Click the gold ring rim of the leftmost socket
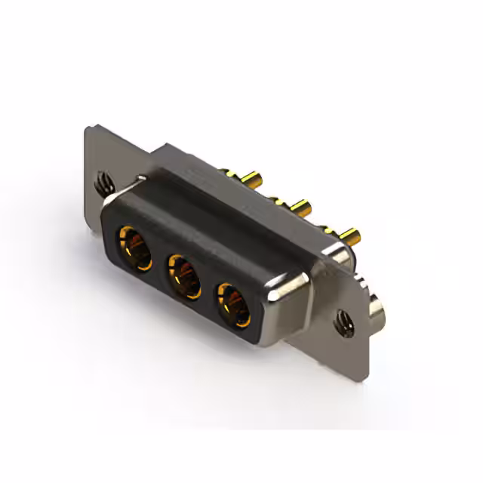[x=121, y=240]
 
